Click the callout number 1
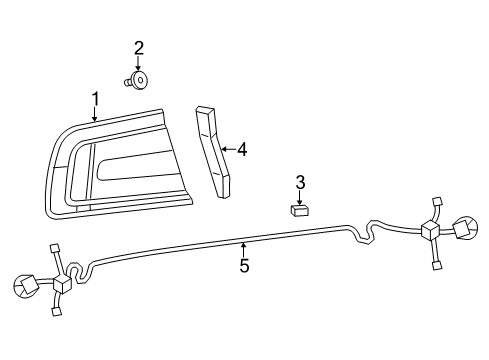pyautogui.click(x=96, y=99)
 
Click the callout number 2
pyautogui.click(x=139, y=47)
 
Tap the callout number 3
pyautogui.click(x=299, y=181)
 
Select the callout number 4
pyautogui.click(x=241, y=149)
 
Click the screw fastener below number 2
pyautogui.click(x=139, y=78)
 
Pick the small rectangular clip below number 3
pyautogui.click(x=299, y=209)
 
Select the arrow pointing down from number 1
pyautogui.click(x=95, y=115)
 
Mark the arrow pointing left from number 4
pyautogui.click(x=227, y=149)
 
